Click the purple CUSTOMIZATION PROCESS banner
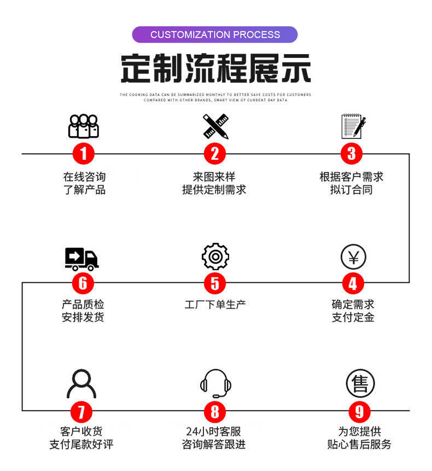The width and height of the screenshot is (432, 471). [215, 34]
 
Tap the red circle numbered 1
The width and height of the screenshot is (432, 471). [84, 154]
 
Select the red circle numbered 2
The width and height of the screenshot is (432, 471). [215, 154]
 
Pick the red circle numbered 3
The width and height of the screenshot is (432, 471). [352, 154]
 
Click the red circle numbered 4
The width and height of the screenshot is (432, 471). [353, 283]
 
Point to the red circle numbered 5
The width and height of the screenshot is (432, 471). [215, 283]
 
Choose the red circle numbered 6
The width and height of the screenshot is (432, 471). [83, 283]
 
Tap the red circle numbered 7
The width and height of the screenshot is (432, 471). [81, 411]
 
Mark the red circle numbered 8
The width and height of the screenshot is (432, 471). [215, 411]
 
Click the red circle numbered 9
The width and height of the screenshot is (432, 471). [359, 411]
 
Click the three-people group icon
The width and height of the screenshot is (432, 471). [84, 126]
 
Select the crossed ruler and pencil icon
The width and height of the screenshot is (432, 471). [215, 126]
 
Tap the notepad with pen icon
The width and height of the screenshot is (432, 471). [354, 126]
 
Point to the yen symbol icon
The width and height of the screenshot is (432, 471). [353, 257]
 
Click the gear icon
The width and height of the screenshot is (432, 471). [215, 257]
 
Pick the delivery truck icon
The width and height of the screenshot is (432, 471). [81, 259]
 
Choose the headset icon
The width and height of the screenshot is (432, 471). [215, 383]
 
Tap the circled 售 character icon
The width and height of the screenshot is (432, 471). [360, 383]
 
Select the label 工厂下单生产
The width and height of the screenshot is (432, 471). [215, 305]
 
